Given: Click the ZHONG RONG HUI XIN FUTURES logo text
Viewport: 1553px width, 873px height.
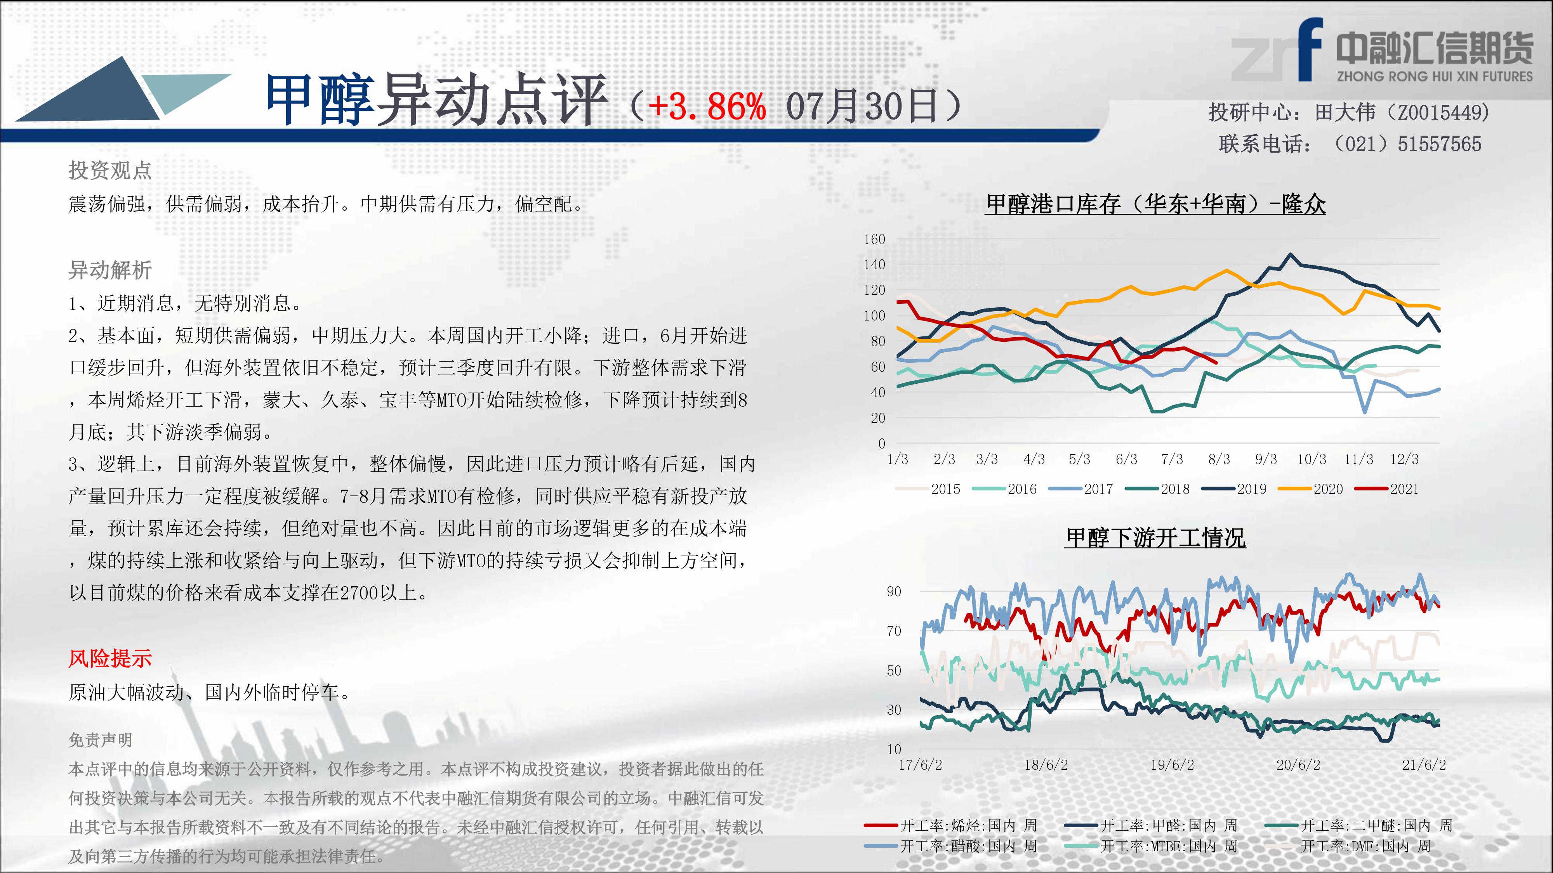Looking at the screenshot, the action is [x=1434, y=76].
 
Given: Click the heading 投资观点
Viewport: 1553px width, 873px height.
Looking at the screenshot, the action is [x=110, y=170].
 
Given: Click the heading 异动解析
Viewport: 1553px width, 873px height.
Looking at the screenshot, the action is [x=110, y=270].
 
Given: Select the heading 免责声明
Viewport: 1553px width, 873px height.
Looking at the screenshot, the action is [x=100, y=740].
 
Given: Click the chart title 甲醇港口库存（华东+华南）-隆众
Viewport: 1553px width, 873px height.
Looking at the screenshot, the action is [x=1156, y=204].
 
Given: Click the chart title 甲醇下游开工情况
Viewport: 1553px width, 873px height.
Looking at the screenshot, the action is [x=1155, y=537].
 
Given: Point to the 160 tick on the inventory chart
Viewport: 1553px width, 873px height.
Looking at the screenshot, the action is [x=874, y=239].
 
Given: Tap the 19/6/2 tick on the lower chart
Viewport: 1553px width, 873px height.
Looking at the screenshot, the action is [x=1172, y=765].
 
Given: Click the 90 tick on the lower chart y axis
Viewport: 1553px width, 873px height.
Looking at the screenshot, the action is [x=894, y=592].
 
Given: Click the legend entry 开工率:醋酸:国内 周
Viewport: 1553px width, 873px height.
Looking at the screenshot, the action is [x=951, y=846].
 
